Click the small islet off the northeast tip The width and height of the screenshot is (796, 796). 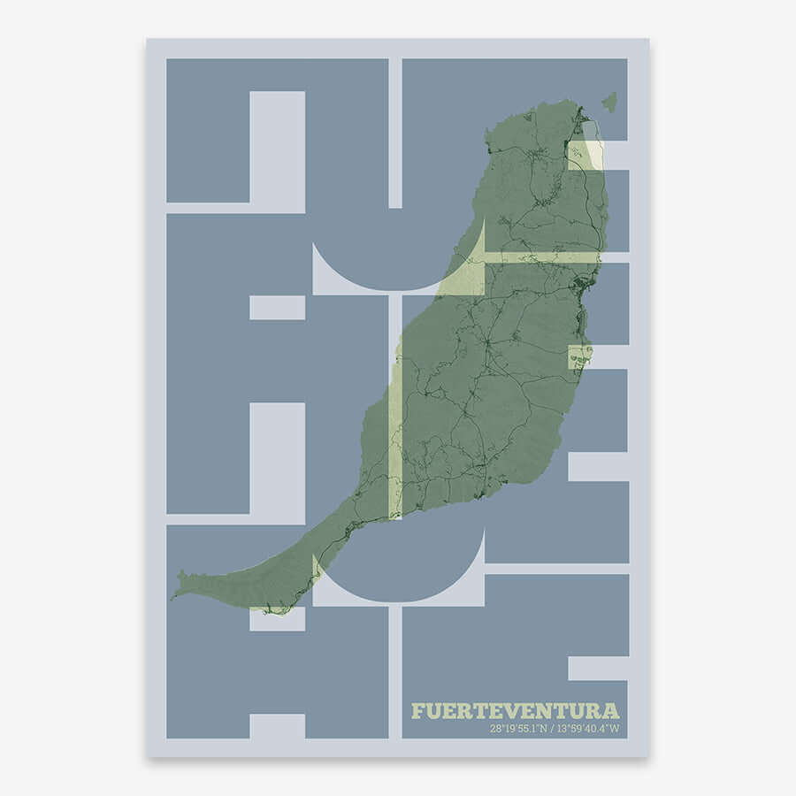(609, 103)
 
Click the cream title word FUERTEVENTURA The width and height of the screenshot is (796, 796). (515, 711)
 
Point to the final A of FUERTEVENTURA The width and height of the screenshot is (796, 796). (611, 711)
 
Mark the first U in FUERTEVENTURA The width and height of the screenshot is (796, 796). (433, 711)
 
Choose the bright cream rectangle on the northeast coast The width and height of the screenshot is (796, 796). (585, 156)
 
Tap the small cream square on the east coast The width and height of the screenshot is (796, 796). (578, 357)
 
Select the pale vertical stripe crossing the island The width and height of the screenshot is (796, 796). (395, 442)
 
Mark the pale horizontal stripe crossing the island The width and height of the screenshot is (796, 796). (540, 257)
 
